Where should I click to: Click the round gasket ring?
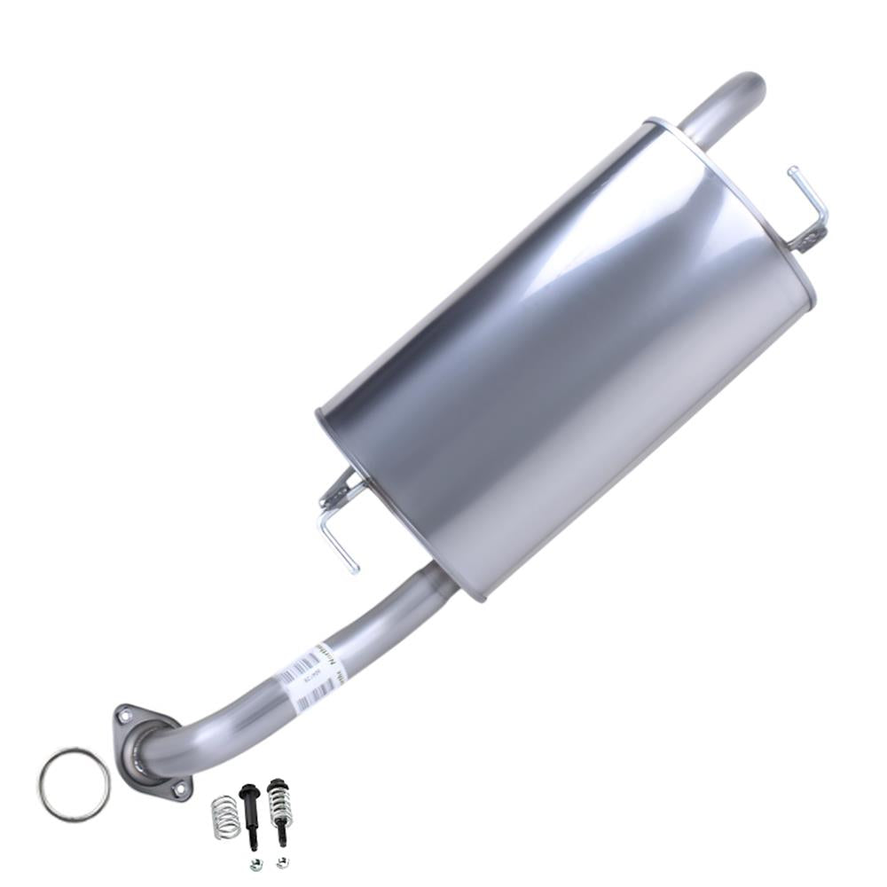[x=74, y=785]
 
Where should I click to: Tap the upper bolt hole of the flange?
[x=123, y=715]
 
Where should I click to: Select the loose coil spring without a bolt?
[x=225, y=817]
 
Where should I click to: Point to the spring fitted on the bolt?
[x=280, y=805]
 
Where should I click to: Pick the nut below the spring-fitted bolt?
[x=282, y=861]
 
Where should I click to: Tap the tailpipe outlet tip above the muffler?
[x=750, y=84]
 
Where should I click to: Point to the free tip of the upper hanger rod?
[x=791, y=172]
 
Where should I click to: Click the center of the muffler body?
[x=568, y=355]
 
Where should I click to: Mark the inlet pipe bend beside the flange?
[x=177, y=741]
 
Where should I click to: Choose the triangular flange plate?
[x=151, y=750]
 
